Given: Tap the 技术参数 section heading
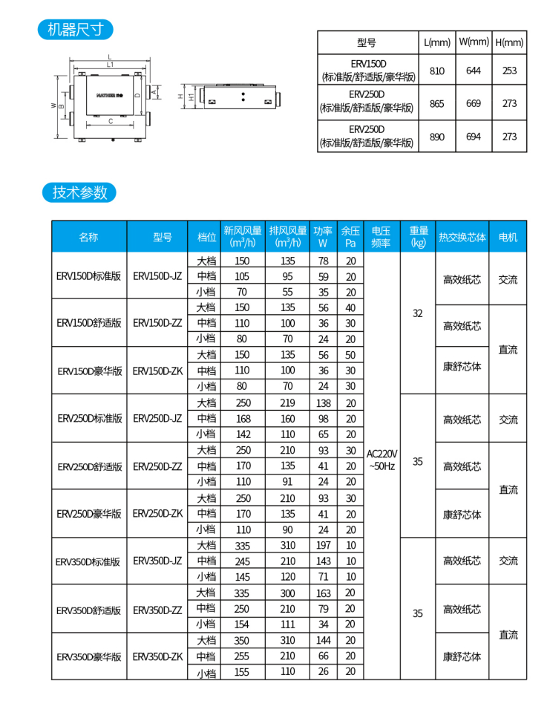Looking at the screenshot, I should coord(79,192).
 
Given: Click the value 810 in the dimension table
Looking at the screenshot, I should coord(437,71).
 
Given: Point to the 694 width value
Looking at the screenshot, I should coord(474,137).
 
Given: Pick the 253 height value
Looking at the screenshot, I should coord(509,71).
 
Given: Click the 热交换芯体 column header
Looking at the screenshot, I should coord(462,237).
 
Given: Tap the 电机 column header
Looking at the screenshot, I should coord(508,237).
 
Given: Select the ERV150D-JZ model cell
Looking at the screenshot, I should coord(157,275).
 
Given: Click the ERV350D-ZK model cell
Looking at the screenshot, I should coord(157,656).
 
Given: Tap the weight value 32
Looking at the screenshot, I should coord(418,313).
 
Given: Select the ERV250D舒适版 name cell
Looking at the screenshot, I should coord(89,466).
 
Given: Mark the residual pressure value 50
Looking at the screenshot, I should coord(350,355).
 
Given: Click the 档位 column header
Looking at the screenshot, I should coord(206,237).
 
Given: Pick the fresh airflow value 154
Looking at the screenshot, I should coord(242,624).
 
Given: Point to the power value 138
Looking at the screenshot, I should coord(323,402).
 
